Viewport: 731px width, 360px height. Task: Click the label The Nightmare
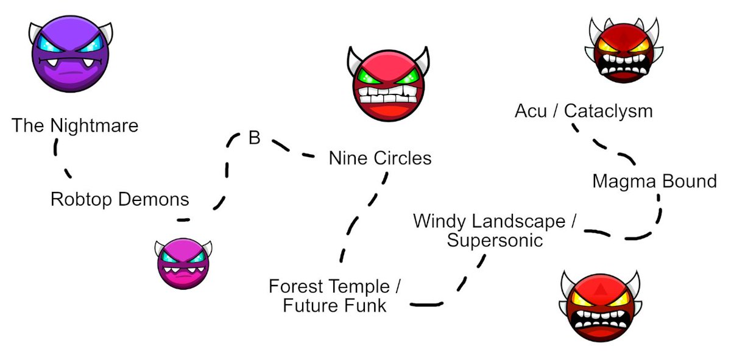[x=75, y=126]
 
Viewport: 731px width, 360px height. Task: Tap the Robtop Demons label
[x=119, y=199]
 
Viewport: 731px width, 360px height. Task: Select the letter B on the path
[x=254, y=138]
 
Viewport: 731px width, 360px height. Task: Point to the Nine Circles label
[x=380, y=158]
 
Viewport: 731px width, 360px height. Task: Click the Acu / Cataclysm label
[x=583, y=111]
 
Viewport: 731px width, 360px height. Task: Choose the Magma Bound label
[x=654, y=182]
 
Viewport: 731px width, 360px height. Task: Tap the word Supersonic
[x=495, y=241]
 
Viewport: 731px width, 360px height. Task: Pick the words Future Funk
[x=334, y=305]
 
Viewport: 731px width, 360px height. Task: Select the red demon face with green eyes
[x=388, y=84]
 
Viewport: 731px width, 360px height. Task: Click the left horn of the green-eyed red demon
[x=355, y=58]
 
